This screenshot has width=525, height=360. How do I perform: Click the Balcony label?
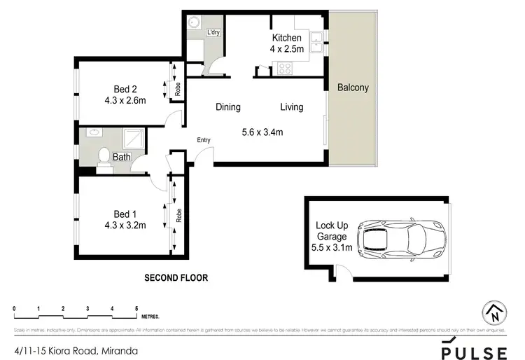pyautogui.click(x=352, y=88)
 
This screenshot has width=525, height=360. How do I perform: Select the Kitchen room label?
pyautogui.click(x=286, y=38)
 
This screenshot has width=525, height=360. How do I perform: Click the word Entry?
pyautogui.click(x=203, y=140)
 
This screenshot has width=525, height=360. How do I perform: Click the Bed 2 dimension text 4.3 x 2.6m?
pyautogui.click(x=120, y=100)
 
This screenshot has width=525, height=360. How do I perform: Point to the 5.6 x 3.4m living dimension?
pyautogui.click(x=262, y=132)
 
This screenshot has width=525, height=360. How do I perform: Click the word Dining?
pyautogui.click(x=227, y=107)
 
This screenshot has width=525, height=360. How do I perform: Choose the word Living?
pyautogui.click(x=291, y=107)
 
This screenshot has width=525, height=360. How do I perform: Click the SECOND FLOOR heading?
pyautogui.click(x=176, y=278)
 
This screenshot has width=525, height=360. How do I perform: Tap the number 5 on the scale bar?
pyautogui.click(x=136, y=308)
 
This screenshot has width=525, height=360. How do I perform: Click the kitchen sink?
pyautogui.click(x=316, y=42)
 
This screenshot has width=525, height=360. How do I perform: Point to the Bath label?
pyautogui.click(x=122, y=158)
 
